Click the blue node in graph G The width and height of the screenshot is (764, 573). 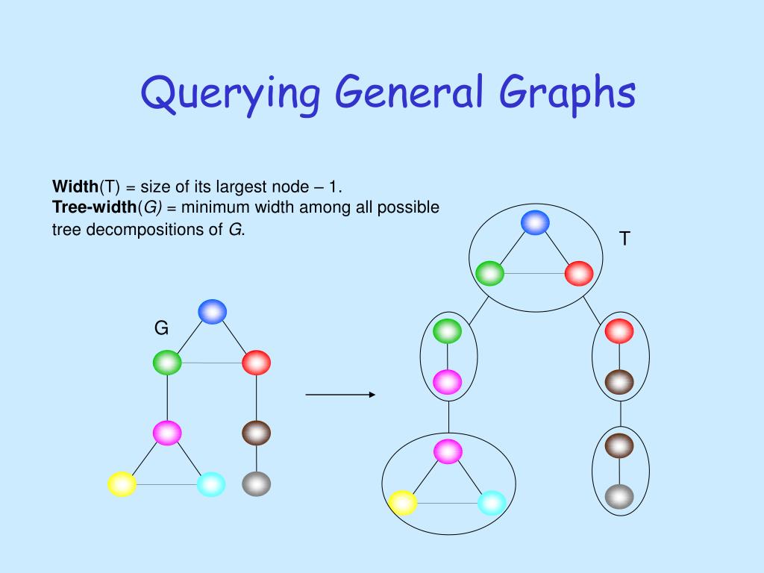click(212, 311)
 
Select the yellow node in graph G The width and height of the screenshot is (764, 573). click(122, 484)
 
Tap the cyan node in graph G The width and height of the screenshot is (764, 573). click(211, 484)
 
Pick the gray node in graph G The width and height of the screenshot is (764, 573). click(256, 483)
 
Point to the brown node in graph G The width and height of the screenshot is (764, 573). click(256, 433)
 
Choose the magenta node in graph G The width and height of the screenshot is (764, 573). click(167, 433)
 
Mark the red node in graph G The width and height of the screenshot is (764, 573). click(256, 363)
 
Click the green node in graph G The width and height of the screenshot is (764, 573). click(167, 363)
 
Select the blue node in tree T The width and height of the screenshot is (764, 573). click(535, 222)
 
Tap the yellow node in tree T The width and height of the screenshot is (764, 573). click(403, 502)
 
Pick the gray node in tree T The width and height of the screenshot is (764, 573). click(619, 496)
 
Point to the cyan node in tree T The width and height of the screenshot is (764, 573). click(492, 502)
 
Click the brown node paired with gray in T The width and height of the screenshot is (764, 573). click(619, 445)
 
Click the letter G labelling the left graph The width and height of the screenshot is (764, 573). click(161, 328)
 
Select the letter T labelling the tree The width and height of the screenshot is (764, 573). click(624, 239)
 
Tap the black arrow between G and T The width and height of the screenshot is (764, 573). click(340, 395)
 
